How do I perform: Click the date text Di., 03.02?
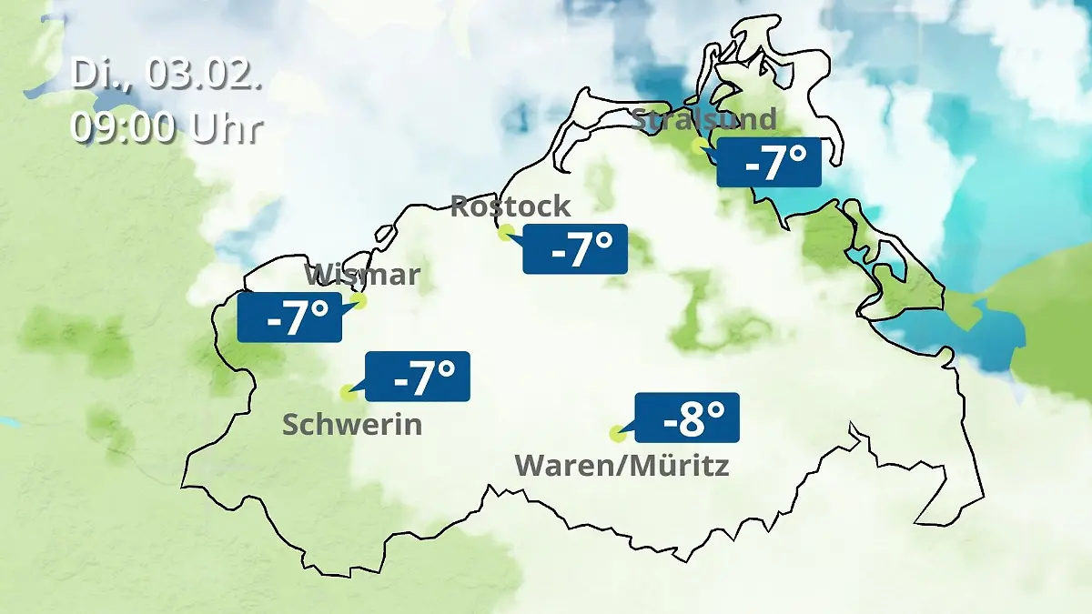167,75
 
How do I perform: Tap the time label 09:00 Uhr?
167,127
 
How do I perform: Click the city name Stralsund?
704,119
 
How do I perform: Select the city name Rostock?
511,206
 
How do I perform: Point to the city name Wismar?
362,274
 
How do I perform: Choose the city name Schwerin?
352,424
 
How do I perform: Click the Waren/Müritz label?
622,466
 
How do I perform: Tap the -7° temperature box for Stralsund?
769,163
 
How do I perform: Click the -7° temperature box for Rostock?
575,248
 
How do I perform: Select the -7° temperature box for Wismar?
289,317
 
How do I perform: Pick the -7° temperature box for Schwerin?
418,376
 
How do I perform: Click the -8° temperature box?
687,418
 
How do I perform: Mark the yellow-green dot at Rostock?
506,232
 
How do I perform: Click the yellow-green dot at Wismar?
359,300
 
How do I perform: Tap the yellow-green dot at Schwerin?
348,393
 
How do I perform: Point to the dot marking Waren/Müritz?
617,433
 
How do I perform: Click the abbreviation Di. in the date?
96,75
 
